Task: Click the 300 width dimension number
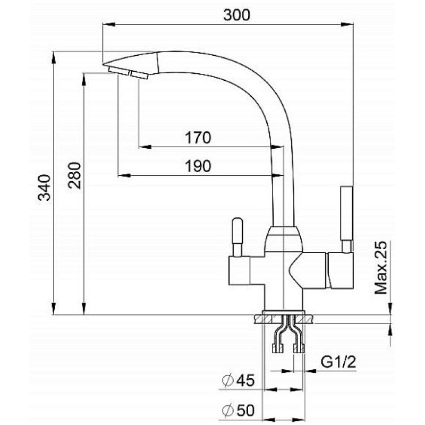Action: coord(236,15)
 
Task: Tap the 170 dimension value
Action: coord(198,138)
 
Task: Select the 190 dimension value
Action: coord(198,166)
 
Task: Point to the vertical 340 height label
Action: coord(45,188)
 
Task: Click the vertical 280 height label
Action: coord(74,175)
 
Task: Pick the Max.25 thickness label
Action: coord(381,268)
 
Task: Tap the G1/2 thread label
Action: coord(338,362)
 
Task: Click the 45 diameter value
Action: coord(245,380)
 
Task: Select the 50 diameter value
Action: coord(245,410)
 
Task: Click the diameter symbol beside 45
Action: coord(228,380)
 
